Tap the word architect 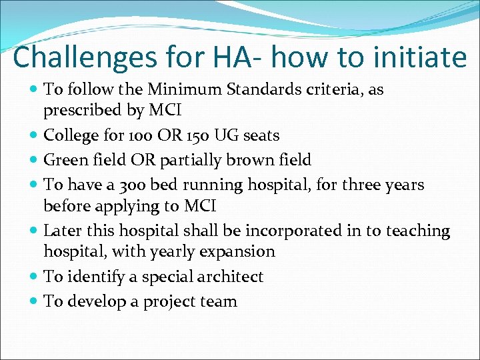pyautogui.click(x=229, y=277)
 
